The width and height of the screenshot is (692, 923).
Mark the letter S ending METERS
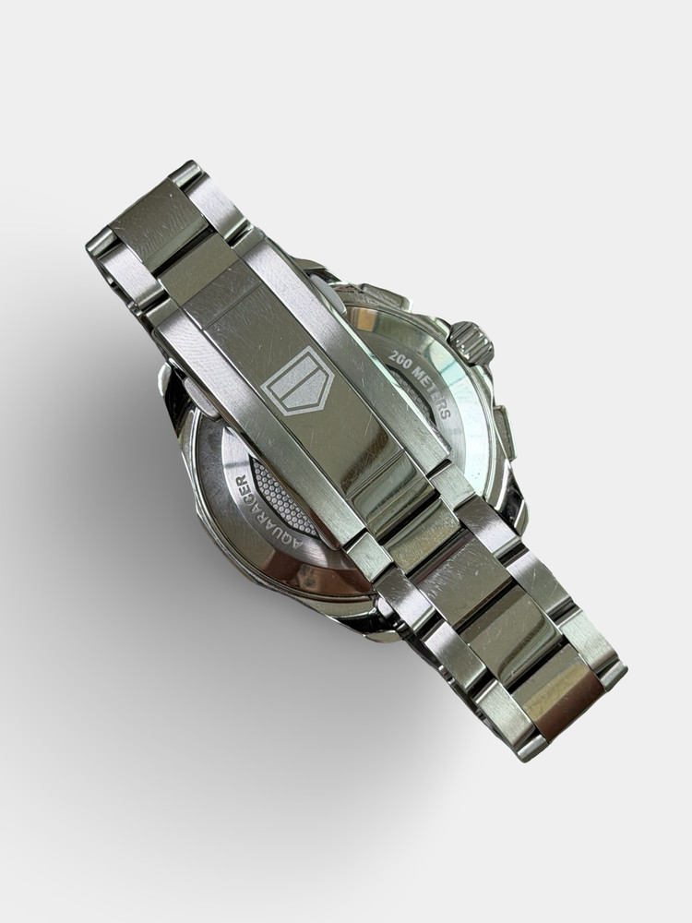pos(446,411)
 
